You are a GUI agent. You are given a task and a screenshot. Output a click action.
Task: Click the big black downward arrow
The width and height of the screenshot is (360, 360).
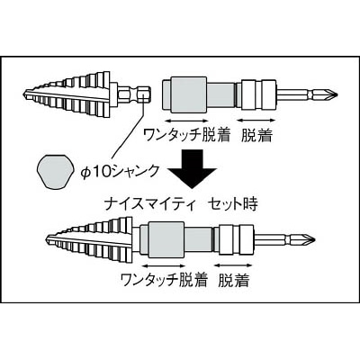coord(193,168)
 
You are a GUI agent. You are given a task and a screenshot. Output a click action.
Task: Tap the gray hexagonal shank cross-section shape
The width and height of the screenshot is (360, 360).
coord(57,172)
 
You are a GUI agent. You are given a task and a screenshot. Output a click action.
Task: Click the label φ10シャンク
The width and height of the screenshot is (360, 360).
coord(120,172)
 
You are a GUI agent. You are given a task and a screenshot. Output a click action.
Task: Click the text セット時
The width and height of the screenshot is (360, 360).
coord(233,204)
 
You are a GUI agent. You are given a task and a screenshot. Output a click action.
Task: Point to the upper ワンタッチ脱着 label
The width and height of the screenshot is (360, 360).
coord(186,135)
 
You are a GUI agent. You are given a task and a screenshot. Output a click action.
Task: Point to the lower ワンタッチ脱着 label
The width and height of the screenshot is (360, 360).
coord(164,280)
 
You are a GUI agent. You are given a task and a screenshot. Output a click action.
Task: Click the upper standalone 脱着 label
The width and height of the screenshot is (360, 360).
coord(257,135)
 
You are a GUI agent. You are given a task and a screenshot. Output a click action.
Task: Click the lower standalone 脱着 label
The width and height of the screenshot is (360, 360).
coord(234,280)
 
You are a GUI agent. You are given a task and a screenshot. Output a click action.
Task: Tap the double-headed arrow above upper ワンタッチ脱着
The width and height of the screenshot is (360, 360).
coord(186,121)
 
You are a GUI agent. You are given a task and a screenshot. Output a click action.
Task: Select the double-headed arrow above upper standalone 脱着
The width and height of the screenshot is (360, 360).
coord(256,121)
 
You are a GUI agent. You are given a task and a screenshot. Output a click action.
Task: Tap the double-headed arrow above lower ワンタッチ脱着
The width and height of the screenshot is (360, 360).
coord(164,265)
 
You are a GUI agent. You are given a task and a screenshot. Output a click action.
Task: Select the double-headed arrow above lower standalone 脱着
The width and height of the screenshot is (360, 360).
coord(233,265)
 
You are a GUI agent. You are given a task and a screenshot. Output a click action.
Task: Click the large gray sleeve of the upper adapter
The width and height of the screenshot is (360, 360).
coord(188,95)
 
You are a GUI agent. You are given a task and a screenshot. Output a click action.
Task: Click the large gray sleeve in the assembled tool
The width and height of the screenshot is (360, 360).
coord(166,240)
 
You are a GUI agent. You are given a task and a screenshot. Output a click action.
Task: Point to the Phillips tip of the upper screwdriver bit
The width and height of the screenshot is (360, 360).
coord(332,94)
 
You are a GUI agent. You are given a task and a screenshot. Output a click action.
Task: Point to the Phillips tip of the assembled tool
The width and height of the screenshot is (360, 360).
coord(309,238)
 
